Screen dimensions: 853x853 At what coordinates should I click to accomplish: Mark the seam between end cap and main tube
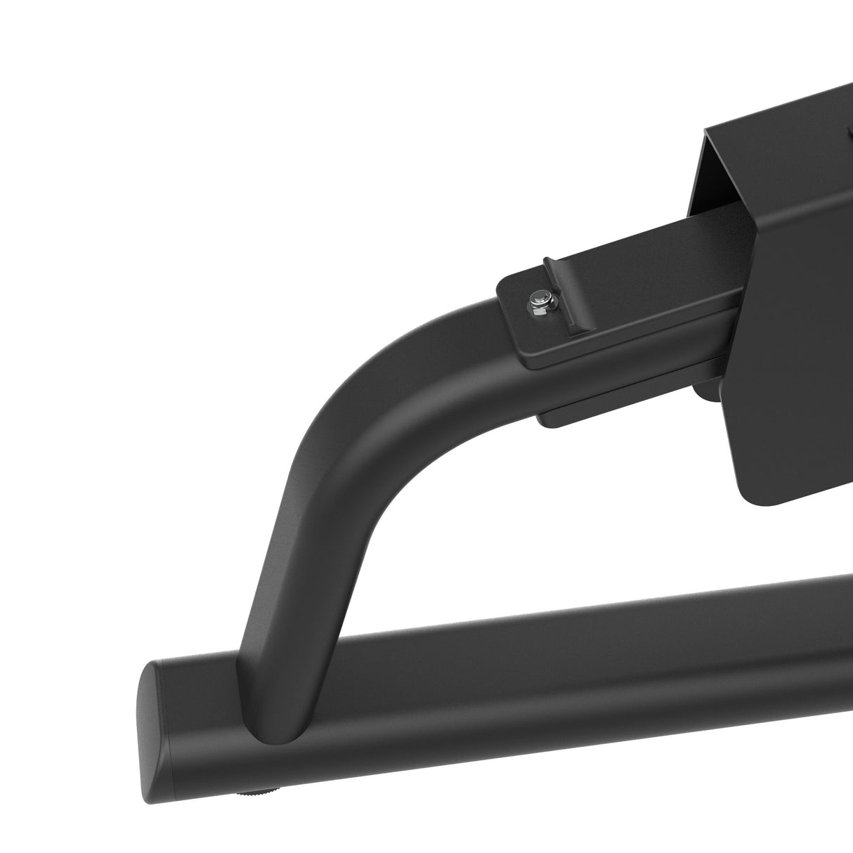[169, 703]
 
